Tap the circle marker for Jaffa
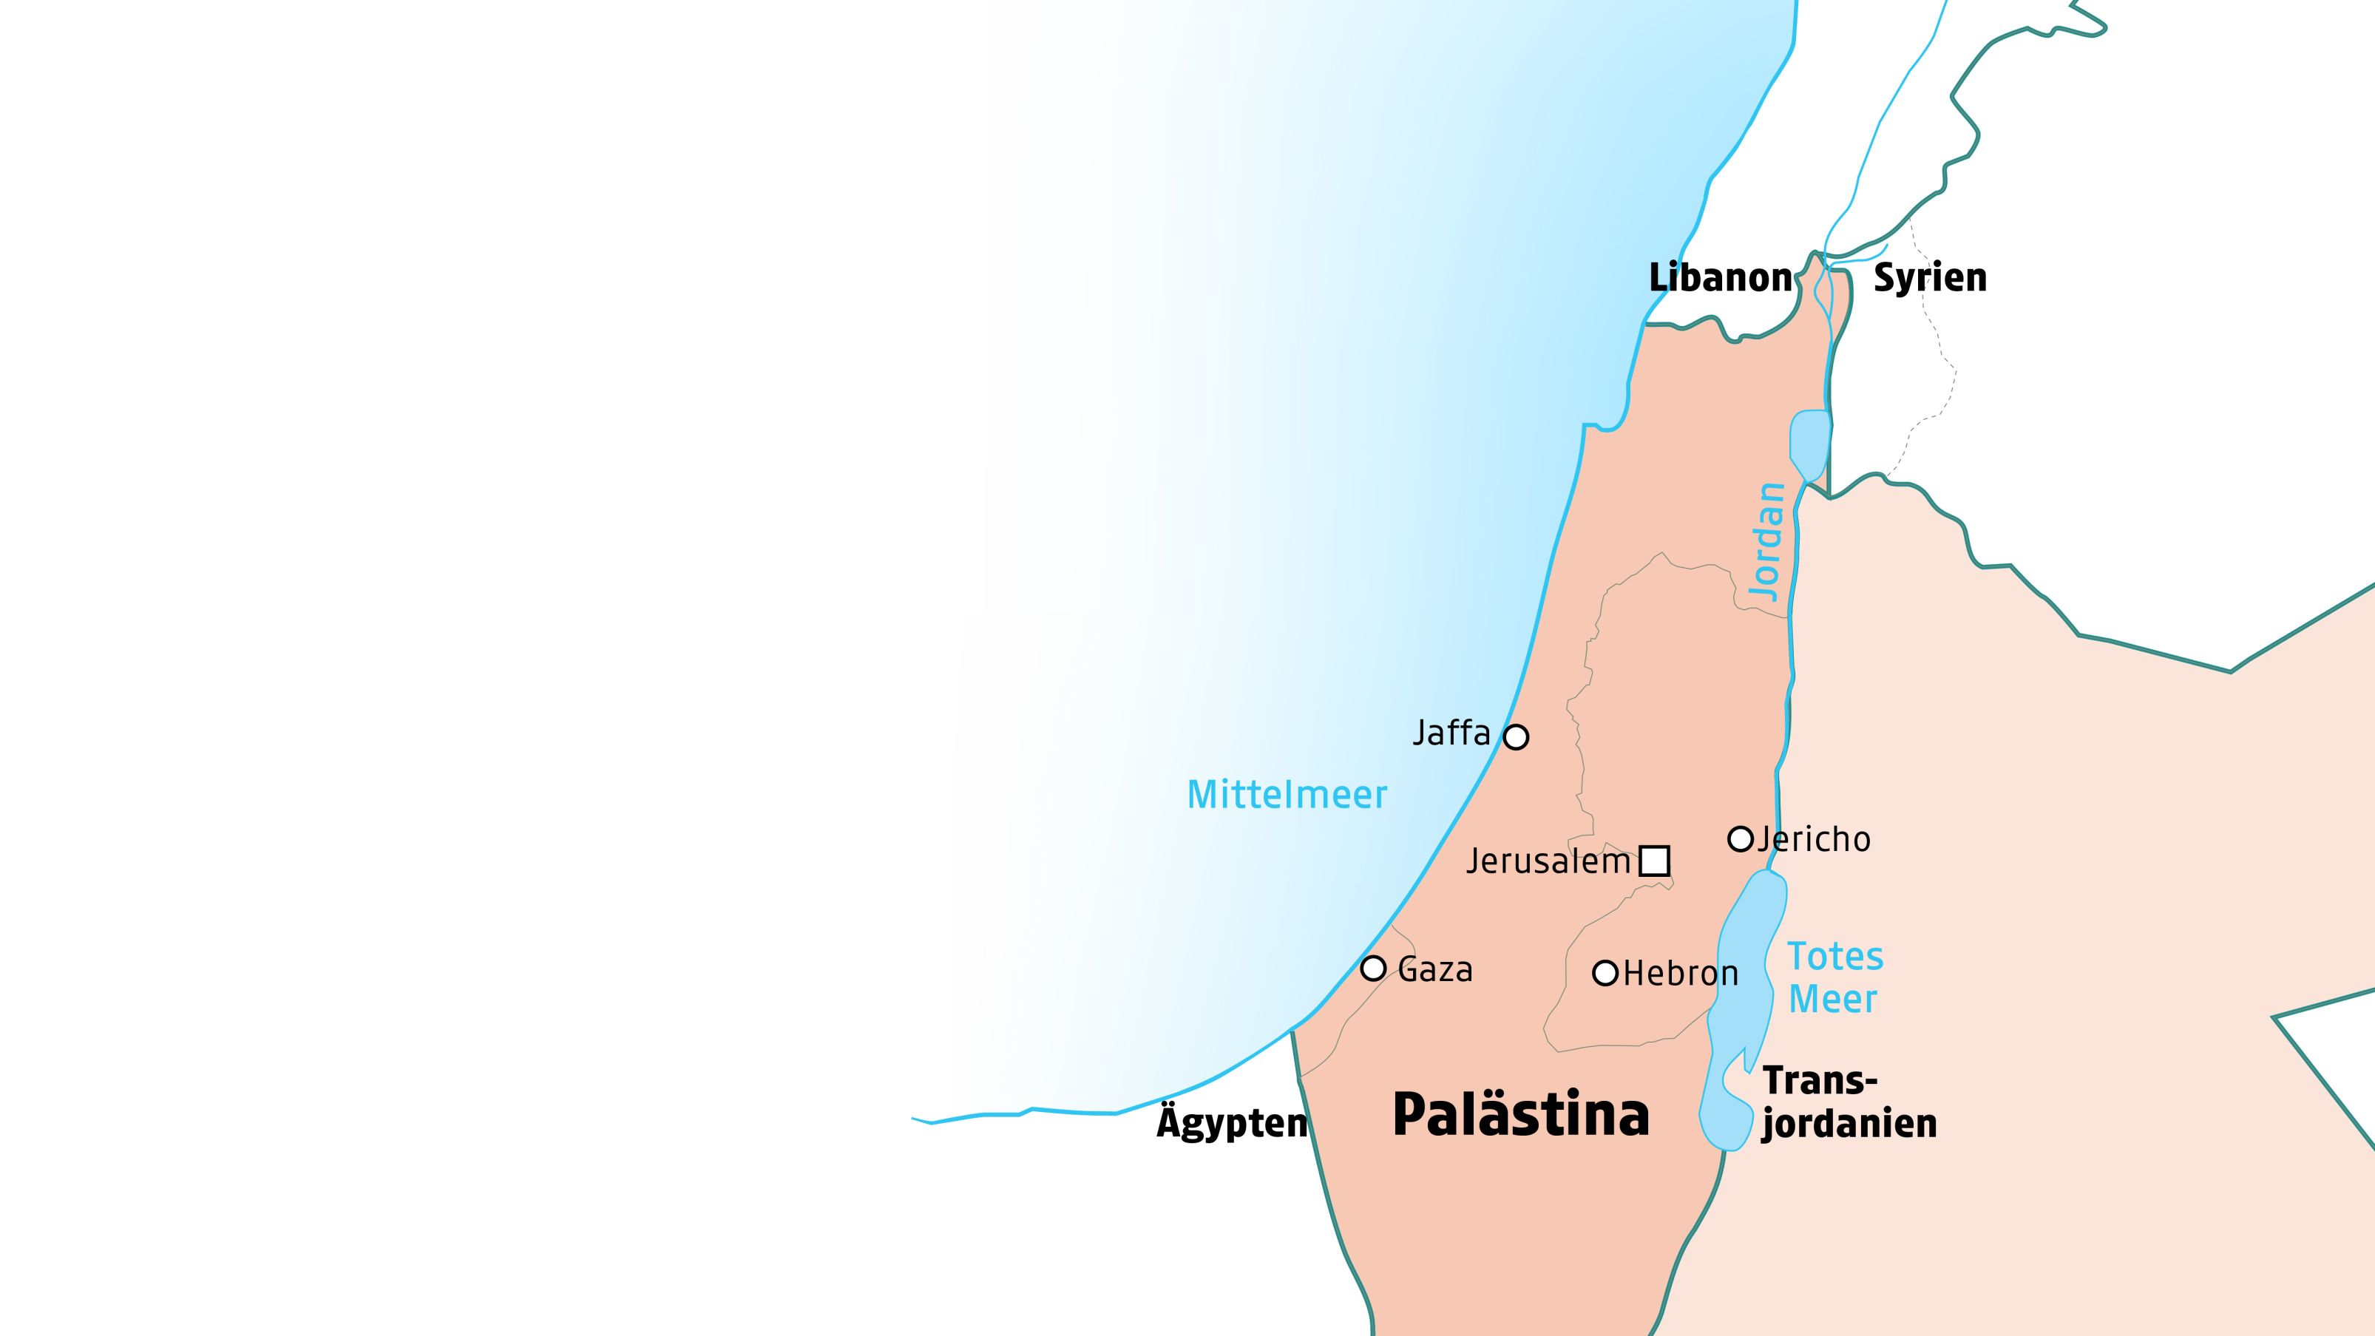coord(1516,736)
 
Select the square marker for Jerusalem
coord(1654,861)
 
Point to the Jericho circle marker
coord(1740,839)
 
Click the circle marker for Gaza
coord(1374,968)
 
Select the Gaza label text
coord(1434,970)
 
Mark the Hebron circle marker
coord(1605,973)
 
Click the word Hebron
coord(1680,974)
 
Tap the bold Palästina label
coord(1520,1115)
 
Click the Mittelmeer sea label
coord(1286,795)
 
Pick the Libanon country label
coord(1719,277)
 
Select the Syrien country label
coord(1930,277)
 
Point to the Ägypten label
coord(1232,1123)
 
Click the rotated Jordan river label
coord(1767,542)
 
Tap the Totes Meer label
coord(1834,977)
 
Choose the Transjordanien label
coord(1848,1102)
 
